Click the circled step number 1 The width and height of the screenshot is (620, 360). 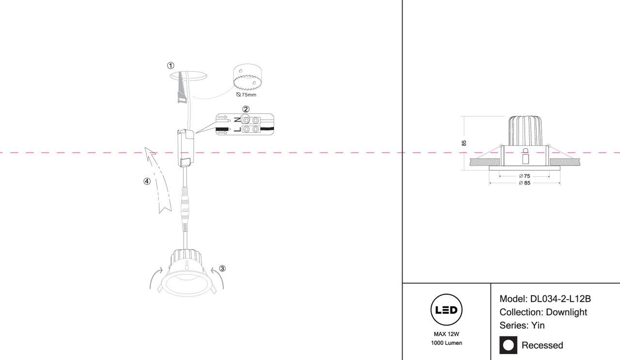pos(170,65)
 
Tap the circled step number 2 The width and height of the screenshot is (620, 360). pos(246,109)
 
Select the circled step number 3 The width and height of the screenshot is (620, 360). pos(222,268)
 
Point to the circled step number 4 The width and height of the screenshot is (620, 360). pos(147,182)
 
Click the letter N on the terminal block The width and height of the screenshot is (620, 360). pos(237,119)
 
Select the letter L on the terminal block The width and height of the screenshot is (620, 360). pos(237,129)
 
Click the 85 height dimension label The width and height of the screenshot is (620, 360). pos(464,143)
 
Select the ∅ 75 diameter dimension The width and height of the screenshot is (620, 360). pos(524,176)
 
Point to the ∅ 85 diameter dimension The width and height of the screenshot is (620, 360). pos(524,183)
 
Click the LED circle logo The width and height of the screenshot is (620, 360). pos(446,310)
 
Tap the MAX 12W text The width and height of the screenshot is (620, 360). pos(446,334)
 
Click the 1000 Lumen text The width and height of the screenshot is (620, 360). pos(446,343)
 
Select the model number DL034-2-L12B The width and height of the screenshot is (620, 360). pos(560,299)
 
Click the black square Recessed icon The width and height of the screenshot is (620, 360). pos(508,345)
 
